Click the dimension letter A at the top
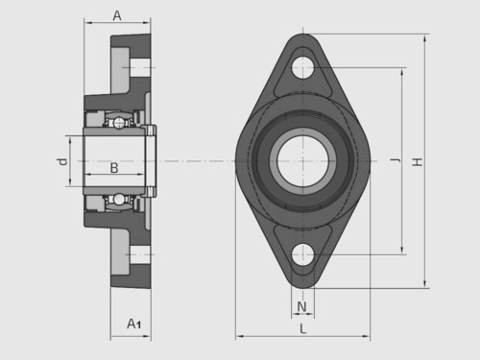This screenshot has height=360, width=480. coord(117,15)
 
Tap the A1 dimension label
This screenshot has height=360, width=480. coord(133,324)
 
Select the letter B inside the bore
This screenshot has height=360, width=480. coord(114,168)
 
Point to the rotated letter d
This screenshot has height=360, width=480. coord(62,161)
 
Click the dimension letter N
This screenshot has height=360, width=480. coord(301,307)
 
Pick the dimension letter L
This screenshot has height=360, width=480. coord(302,328)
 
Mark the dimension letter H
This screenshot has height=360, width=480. coord(418,161)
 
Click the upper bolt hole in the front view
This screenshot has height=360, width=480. coord(302,68)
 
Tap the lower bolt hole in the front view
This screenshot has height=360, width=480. coord(302,254)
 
